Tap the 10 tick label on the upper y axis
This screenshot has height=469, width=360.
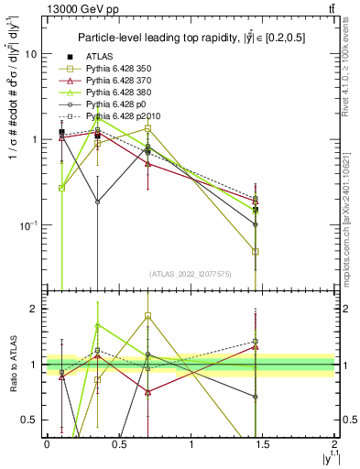(31, 54)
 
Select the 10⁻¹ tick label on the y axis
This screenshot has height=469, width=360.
(27, 225)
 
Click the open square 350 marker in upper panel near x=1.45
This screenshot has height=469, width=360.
(256, 251)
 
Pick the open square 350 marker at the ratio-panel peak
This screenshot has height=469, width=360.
(147, 316)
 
